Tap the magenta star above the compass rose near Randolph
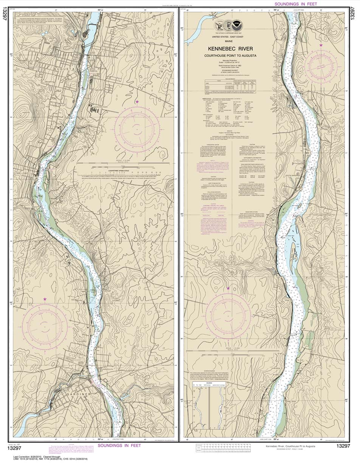click(45, 299)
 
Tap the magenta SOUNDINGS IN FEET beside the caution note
click(119, 446)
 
